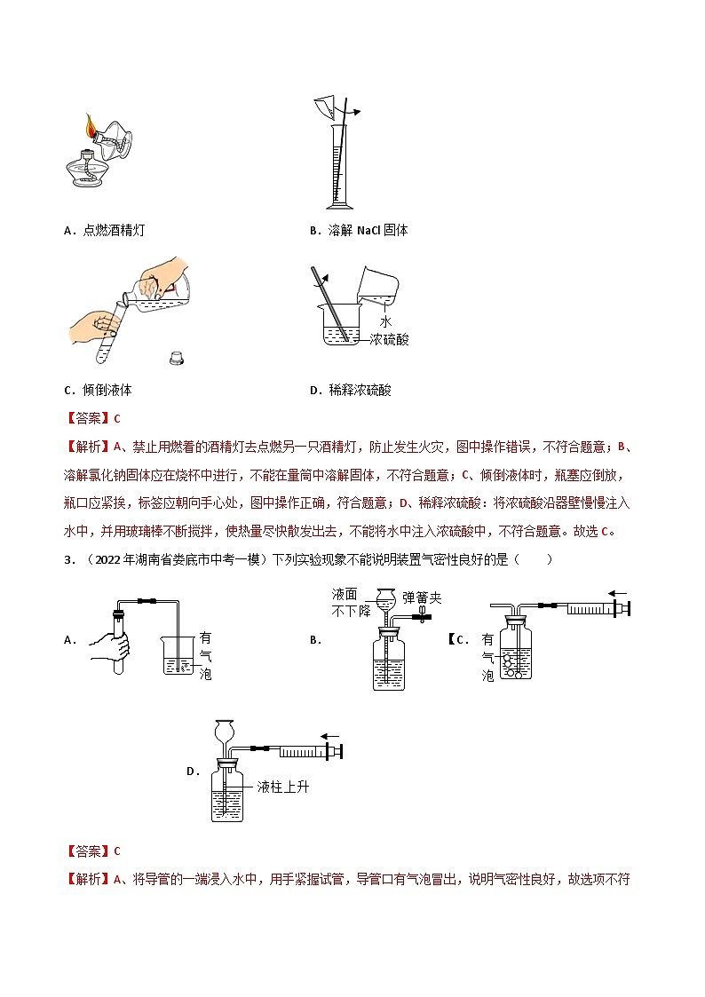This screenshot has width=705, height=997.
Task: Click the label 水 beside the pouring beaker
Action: click(384, 320)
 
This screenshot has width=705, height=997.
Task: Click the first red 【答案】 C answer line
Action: click(92, 418)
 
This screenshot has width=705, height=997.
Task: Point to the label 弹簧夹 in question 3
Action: click(421, 597)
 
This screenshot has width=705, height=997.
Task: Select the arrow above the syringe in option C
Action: click(618, 593)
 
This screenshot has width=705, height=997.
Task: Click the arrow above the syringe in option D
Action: click(330, 735)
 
